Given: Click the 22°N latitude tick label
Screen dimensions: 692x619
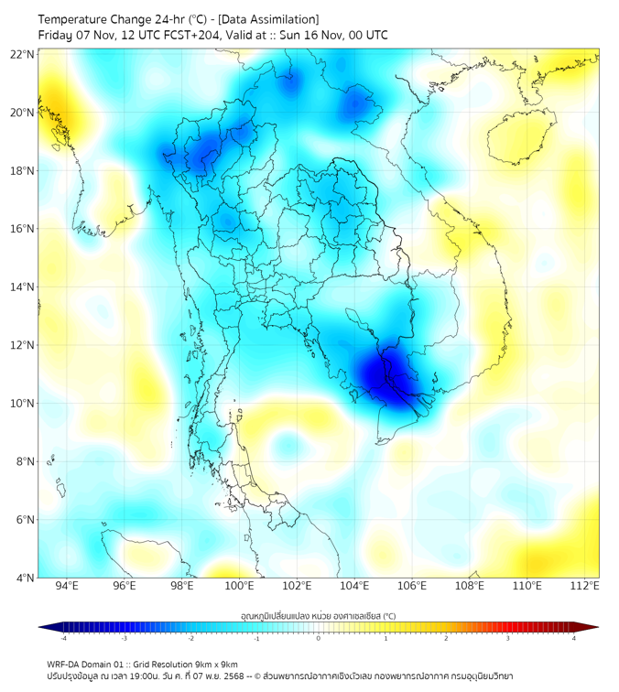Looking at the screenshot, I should [23, 54].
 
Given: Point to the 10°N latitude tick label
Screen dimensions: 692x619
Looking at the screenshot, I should [23, 404].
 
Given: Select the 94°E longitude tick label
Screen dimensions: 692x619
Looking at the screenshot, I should [67, 586].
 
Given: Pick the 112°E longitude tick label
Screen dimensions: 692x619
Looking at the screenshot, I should [585, 586].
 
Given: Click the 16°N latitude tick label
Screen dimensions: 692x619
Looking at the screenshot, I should [23, 229].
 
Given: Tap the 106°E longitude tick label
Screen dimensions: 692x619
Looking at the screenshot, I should [412, 586].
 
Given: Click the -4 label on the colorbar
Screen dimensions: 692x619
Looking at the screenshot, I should [63, 638].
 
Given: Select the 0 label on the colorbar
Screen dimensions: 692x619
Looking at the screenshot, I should [319, 638].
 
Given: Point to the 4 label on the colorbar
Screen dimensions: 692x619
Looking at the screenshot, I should [573, 638].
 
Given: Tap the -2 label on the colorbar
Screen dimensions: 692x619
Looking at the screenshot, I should [190, 638].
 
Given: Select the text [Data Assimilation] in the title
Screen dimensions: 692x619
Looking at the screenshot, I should [266, 19].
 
